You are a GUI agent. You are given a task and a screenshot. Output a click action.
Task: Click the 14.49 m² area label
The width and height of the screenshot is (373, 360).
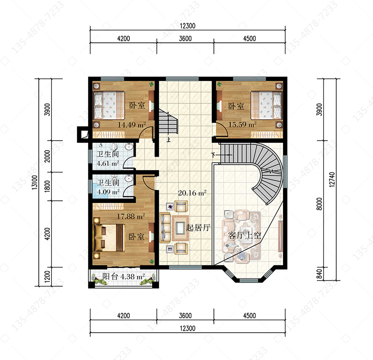tap(132, 125)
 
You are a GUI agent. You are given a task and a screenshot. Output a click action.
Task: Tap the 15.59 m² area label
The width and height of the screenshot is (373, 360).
tap(242, 124)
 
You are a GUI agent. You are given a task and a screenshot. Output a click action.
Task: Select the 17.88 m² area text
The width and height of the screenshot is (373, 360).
tap(131, 216)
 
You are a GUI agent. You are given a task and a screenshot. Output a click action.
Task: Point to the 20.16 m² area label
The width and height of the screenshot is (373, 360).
tap(192, 192)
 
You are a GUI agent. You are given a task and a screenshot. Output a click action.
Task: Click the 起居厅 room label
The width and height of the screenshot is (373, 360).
tap(198, 228)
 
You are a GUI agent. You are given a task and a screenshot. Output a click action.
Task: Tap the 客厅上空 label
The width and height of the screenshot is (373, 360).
tap(245, 235)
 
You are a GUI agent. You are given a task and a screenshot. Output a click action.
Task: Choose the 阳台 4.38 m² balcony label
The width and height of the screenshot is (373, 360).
tap(123, 276)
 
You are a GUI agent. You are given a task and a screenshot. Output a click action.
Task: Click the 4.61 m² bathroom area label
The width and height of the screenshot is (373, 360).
tap(108, 164)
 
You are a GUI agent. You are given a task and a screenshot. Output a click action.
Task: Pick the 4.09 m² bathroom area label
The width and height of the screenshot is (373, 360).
tap(108, 192)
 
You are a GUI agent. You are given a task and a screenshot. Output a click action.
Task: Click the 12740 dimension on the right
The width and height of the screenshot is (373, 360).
tap(332, 180)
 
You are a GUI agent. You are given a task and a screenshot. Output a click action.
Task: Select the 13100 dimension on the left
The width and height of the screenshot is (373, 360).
tap(35, 182)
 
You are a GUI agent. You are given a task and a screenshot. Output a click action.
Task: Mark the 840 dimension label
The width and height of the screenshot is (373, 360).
tap(319, 274)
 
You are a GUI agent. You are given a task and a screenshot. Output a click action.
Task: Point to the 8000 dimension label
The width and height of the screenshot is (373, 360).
tap(319, 204)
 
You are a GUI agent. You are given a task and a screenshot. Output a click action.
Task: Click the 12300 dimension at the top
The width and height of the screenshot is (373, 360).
tap(187, 26)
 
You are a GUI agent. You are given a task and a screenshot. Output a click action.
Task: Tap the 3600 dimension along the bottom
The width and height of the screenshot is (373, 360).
tap(186, 316)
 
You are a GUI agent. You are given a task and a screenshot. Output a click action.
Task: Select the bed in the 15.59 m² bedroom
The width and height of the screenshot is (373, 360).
tap(267, 105)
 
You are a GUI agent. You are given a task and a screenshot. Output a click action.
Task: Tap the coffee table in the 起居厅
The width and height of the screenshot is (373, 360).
tap(181, 228)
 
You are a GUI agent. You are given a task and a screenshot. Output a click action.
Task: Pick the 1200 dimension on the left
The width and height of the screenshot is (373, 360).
tap(47, 276)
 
